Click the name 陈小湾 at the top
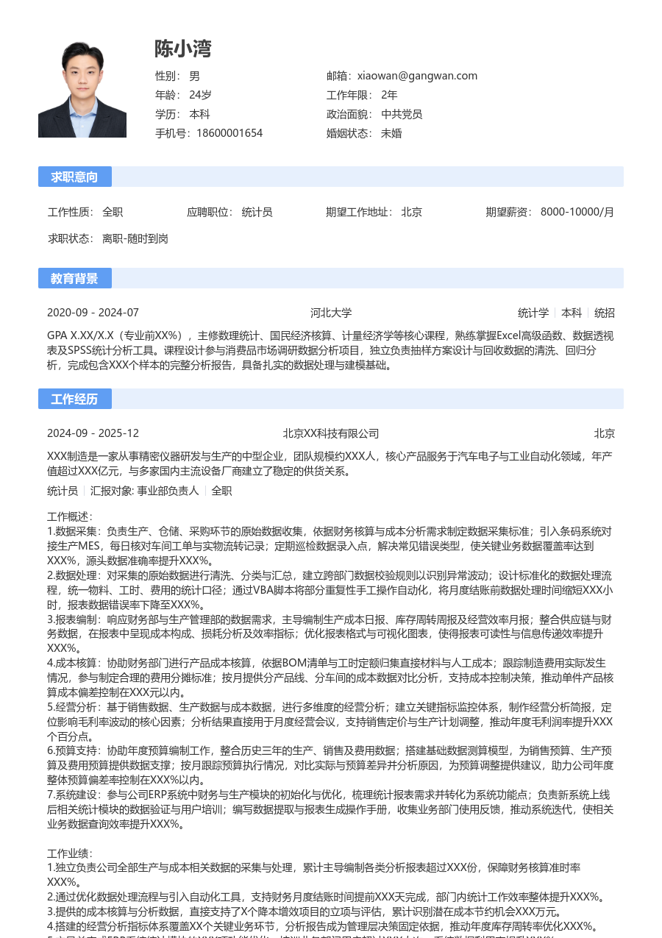[x=183, y=49]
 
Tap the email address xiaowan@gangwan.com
[x=417, y=76]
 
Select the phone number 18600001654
[x=229, y=133]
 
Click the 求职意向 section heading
[x=74, y=177]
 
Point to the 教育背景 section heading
[x=74, y=278]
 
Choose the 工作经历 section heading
[x=74, y=399]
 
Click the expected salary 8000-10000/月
[x=577, y=212]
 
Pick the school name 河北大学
[x=331, y=313]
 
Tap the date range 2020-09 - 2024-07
[x=93, y=313]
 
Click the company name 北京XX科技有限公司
[x=331, y=433]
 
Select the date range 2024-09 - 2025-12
[x=93, y=433]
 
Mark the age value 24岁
[x=200, y=95]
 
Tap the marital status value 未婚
[x=391, y=133]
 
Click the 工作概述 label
[x=70, y=517]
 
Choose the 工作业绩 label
[x=70, y=854]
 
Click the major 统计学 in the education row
[x=533, y=313]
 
